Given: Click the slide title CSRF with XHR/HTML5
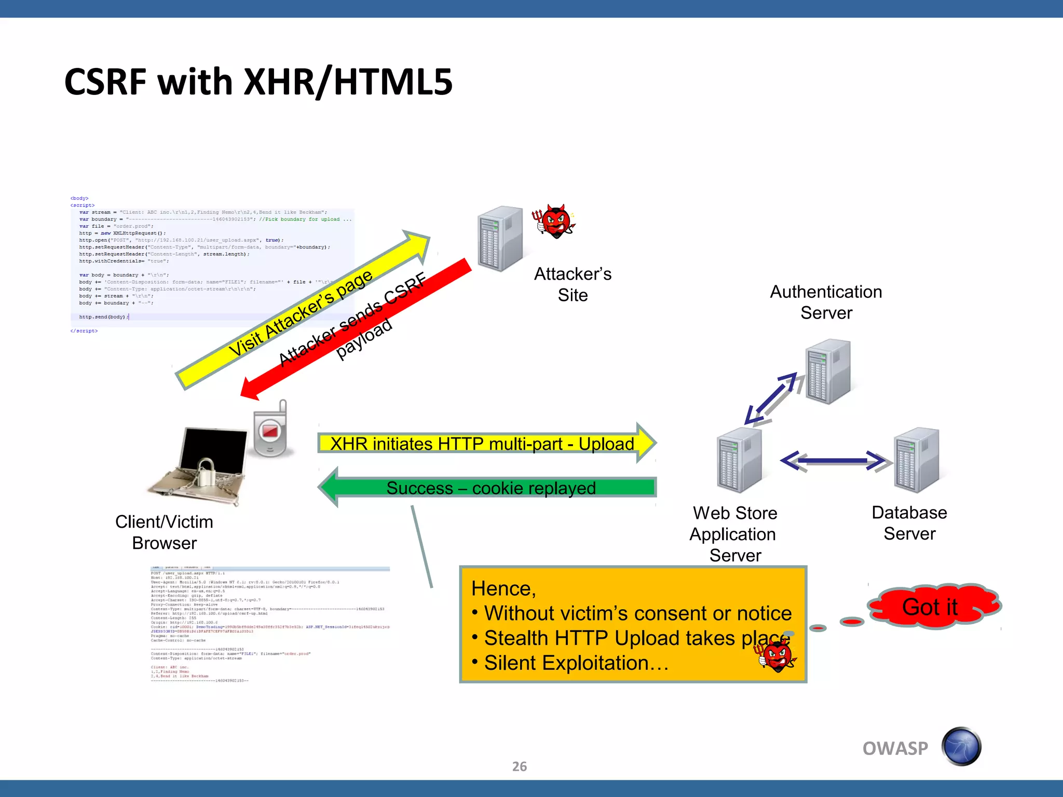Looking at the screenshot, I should pyautogui.click(x=258, y=82).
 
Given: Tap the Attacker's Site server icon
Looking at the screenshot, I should pyautogui.click(x=499, y=239).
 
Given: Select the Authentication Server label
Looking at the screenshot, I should pyautogui.click(x=826, y=302).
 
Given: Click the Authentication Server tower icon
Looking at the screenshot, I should pyautogui.click(x=828, y=372).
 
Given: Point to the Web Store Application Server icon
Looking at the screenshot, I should pyautogui.click(x=739, y=460).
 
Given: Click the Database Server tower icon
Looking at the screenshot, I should pyautogui.click(x=916, y=460).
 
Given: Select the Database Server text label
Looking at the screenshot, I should pyautogui.click(x=909, y=523).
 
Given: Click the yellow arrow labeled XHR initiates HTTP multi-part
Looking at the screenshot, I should pyautogui.click(x=483, y=444).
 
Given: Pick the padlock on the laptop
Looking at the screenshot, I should pyautogui.click(x=206, y=472).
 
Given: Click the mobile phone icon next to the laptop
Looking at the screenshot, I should pyautogui.click(x=270, y=431).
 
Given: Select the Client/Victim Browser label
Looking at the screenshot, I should pyautogui.click(x=164, y=532).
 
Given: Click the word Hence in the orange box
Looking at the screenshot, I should pyautogui.click(x=502, y=589).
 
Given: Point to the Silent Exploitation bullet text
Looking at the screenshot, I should pyautogui.click(x=576, y=663).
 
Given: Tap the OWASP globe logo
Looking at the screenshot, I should pyautogui.click(x=961, y=747).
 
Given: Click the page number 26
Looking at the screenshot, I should pyautogui.click(x=519, y=766).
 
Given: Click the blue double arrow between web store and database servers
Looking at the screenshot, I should pyautogui.click(x=834, y=461).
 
